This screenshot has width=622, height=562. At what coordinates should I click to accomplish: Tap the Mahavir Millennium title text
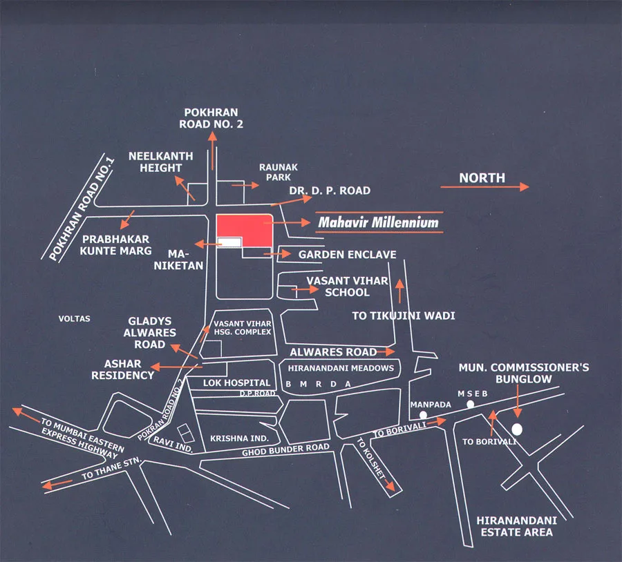[378, 223]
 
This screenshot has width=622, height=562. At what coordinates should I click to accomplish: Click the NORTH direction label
[482, 177]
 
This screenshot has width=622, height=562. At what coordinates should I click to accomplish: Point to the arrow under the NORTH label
[484, 187]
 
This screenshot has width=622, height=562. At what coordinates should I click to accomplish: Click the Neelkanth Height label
[155, 162]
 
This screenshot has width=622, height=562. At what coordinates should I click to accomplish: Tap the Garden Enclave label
[347, 255]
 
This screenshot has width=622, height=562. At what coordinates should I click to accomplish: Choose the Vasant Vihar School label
[348, 287]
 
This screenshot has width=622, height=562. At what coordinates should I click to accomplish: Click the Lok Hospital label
[236, 382]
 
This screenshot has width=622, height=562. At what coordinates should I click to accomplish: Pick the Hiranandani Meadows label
[341, 369]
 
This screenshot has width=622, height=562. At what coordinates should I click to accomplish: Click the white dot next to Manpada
[423, 415]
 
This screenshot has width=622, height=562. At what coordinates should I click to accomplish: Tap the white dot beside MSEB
[471, 403]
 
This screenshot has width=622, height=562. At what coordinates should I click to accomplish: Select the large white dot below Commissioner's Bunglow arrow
[517, 429]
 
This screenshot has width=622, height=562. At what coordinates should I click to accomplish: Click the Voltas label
[75, 319]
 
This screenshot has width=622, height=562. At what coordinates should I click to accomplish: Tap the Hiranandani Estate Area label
[515, 525]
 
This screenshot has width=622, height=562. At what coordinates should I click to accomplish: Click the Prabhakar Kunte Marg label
[114, 245]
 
